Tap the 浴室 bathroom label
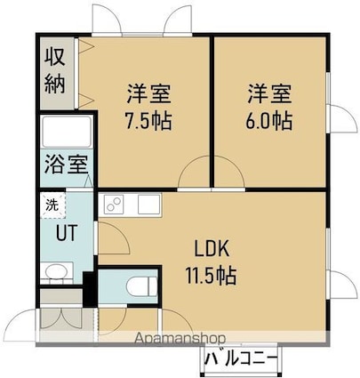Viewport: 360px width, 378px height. point(67,165)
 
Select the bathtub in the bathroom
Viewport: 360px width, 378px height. point(67,132)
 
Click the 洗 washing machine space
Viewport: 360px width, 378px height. point(52,205)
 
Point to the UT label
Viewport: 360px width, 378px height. point(67,232)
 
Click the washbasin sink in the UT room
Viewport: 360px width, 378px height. point(56,272)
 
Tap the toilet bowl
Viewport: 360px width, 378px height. point(141,286)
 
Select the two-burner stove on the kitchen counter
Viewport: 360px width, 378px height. point(114,205)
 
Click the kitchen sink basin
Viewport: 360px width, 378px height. point(148,205)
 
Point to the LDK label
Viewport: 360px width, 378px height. point(212,249)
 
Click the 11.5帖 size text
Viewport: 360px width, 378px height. point(211,276)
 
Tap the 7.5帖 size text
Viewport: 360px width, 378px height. point(148,121)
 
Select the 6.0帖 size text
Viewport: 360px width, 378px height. point(269,121)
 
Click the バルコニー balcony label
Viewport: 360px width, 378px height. point(242,359)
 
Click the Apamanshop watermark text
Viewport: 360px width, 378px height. point(180,338)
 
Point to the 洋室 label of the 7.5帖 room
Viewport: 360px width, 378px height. point(149,94)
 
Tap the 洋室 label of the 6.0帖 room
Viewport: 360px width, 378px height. point(269,94)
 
